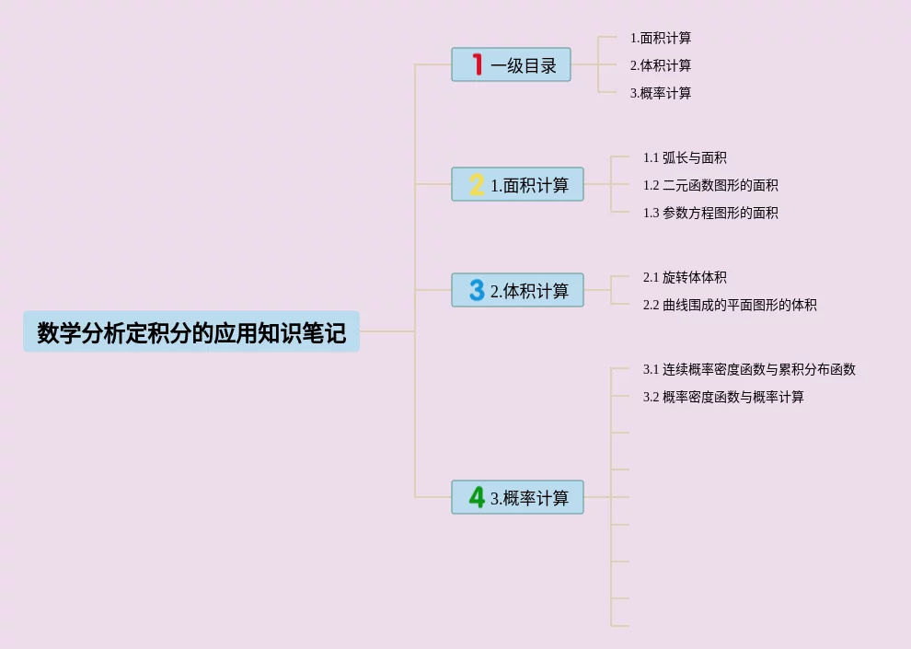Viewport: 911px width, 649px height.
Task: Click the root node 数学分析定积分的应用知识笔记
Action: (x=191, y=331)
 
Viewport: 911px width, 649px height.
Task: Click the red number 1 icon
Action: (x=477, y=64)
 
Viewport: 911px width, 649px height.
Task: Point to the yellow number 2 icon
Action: (x=477, y=184)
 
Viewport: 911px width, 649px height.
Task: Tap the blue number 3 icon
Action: (x=477, y=290)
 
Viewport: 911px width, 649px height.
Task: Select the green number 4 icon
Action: (x=477, y=497)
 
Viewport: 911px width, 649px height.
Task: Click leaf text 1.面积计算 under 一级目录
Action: (x=661, y=38)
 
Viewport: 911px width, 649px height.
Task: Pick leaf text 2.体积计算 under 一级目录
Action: (x=661, y=65)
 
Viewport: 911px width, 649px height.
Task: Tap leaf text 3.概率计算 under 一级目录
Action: (x=661, y=93)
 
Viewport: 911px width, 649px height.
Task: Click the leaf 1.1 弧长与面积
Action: (x=685, y=157)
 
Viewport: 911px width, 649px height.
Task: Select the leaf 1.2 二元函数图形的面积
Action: (x=710, y=185)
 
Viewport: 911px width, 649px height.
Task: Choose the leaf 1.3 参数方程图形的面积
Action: (x=710, y=213)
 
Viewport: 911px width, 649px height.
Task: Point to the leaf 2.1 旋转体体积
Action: (x=685, y=277)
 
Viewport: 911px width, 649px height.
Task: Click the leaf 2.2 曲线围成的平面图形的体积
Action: (x=730, y=305)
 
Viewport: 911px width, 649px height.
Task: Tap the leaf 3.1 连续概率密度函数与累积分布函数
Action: (x=749, y=369)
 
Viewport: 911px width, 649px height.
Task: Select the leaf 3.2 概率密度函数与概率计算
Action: (x=723, y=397)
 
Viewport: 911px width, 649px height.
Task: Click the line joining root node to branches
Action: (x=386, y=331)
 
